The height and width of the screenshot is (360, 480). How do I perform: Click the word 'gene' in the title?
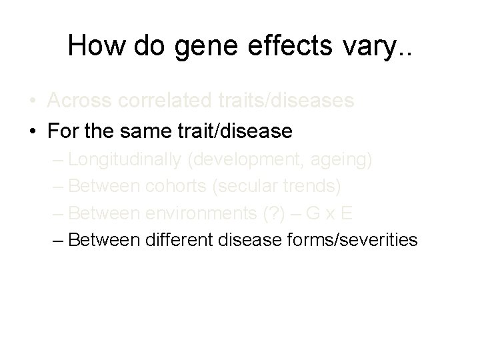coord(199,46)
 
